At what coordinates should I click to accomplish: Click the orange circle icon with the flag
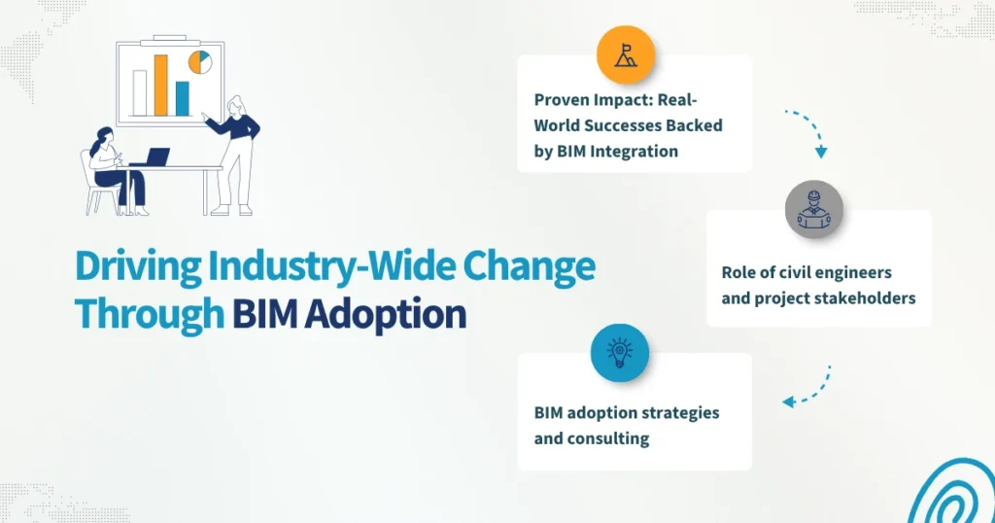click(625, 55)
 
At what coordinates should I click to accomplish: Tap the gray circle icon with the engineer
click(814, 209)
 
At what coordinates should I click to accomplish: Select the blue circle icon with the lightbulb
click(619, 352)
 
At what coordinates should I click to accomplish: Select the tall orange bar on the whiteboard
click(161, 85)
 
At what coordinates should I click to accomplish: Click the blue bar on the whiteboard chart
click(182, 98)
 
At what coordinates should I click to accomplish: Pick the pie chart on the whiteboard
click(200, 63)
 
